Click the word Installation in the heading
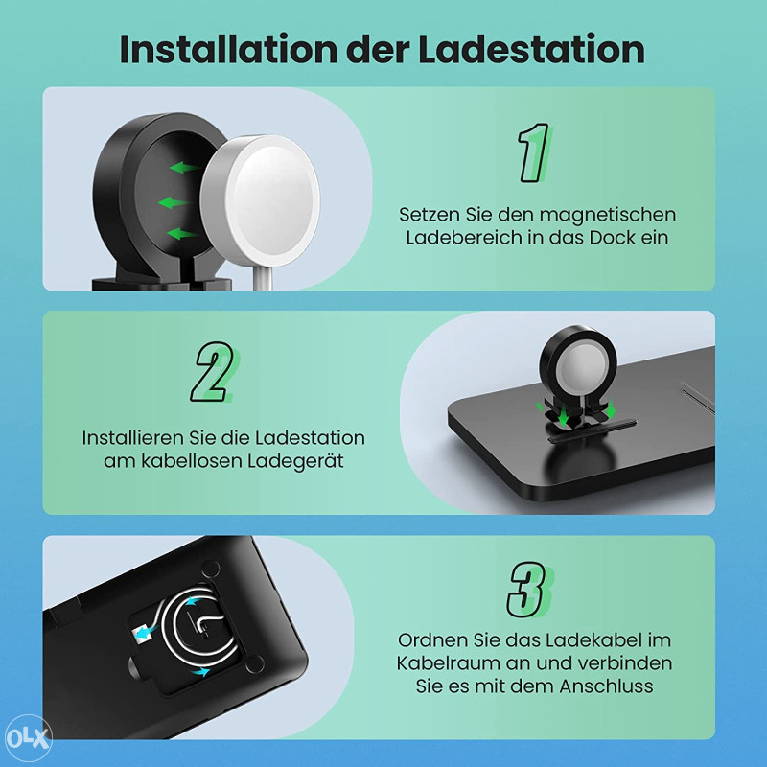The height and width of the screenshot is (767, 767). point(228,50)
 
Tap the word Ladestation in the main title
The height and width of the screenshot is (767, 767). point(531,50)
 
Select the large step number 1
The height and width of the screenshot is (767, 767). point(534,152)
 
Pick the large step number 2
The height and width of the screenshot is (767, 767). point(213,372)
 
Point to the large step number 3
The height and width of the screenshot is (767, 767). point(529,590)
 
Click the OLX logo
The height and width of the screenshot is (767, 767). point(28,738)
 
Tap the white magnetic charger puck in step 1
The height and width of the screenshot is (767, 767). point(261,200)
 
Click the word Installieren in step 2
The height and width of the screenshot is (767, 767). point(133,438)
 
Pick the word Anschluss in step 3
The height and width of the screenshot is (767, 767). point(607,686)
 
